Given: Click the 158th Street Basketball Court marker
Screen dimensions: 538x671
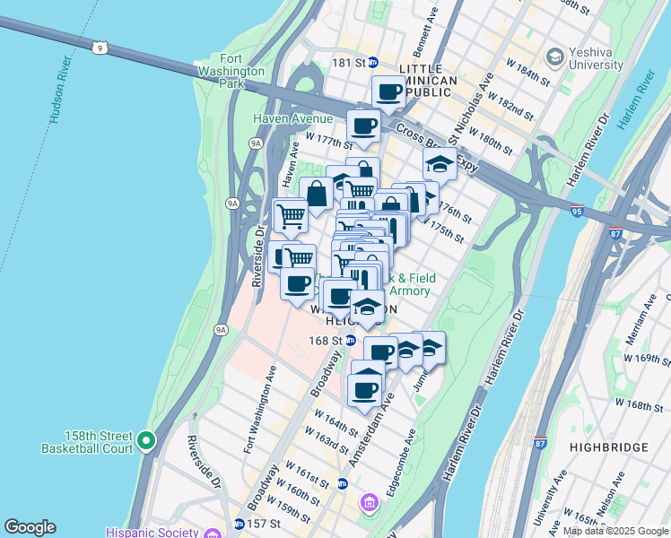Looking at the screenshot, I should click(146, 441).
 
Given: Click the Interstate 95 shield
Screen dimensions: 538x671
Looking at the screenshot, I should click(578, 212).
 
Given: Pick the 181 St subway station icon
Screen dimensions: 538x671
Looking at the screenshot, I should click(374, 63).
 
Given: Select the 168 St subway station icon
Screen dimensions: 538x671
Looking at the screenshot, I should click(350, 340).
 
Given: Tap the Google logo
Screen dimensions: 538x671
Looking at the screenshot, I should click(30, 527).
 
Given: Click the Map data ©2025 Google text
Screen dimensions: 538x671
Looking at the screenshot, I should click(615, 532).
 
